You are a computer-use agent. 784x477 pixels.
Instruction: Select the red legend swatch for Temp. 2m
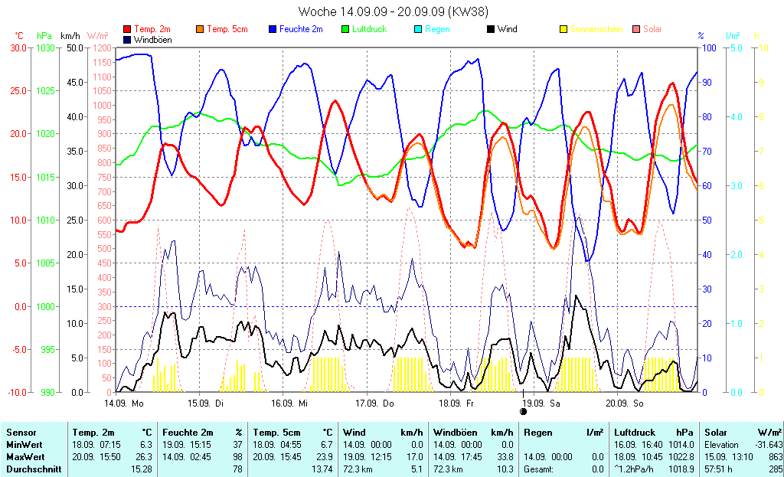point(127,30)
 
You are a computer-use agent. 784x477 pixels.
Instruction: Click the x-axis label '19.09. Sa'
point(542,402)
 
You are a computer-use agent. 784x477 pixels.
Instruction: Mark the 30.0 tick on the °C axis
point(18,47)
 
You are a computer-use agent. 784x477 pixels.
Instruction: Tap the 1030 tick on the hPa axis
point(46,47)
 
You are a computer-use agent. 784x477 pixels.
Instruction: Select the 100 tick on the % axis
point(709,47)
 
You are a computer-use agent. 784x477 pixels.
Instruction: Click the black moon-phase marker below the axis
point(524,411)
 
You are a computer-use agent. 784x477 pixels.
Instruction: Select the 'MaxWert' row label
point(24,456)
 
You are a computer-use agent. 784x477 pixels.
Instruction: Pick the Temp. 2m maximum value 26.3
point(144,456)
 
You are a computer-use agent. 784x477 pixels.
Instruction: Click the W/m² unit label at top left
point(98,36)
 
